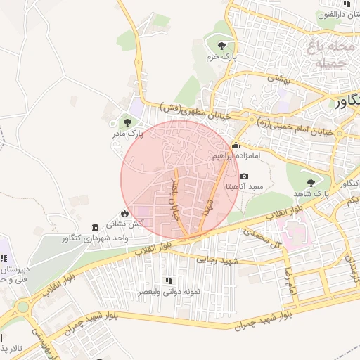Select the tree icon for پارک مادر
(127, 122)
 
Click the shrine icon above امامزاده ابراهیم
(236, 146)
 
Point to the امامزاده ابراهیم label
(236, 155)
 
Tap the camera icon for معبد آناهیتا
(244, 176)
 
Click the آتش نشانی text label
(124, 224)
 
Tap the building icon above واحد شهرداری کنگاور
(95, 227)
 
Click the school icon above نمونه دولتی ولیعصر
(167, 281)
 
